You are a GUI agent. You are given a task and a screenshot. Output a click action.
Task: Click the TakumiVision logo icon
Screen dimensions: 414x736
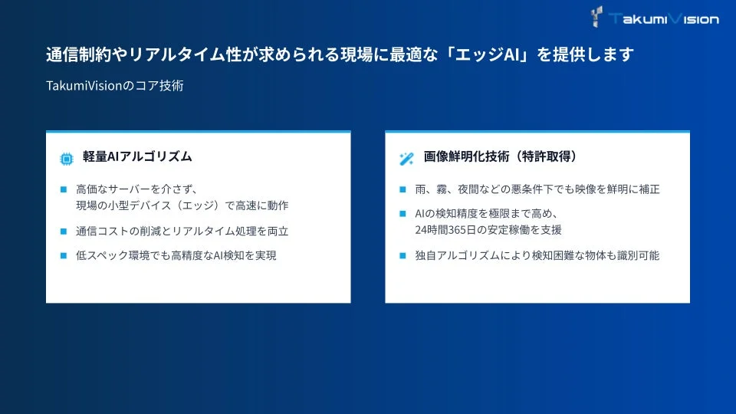point(598,16)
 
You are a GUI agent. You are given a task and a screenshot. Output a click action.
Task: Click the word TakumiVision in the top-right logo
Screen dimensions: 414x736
point(664,18)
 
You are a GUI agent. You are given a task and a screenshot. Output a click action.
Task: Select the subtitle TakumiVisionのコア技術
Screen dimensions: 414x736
point(114,86)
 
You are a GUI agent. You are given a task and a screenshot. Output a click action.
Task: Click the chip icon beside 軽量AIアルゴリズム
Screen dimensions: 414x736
point(66,159)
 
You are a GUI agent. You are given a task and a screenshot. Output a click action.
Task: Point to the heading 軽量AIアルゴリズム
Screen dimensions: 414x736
point(137,157)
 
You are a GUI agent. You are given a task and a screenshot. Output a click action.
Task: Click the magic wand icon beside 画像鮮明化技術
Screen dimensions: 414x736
point(406,159)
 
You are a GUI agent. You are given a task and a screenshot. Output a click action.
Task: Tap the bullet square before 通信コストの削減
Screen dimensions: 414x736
point(64,231)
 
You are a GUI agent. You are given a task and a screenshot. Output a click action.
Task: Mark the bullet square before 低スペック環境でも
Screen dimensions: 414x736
point(64,256)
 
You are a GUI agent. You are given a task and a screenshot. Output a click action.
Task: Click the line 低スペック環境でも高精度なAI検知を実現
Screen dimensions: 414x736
point(176,256)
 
